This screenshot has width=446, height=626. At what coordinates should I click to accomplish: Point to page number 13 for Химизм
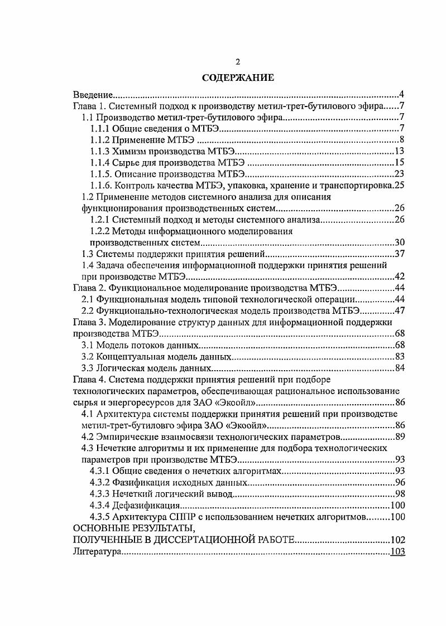(x=399, y=151)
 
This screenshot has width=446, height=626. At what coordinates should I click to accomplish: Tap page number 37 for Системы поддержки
(x=399, y=254)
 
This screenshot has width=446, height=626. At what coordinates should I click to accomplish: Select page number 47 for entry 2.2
(x=399, y=310)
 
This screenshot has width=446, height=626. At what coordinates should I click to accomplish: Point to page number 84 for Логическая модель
(x=399, y=368)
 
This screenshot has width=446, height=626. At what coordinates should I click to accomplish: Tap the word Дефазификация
(x=147, y=506)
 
